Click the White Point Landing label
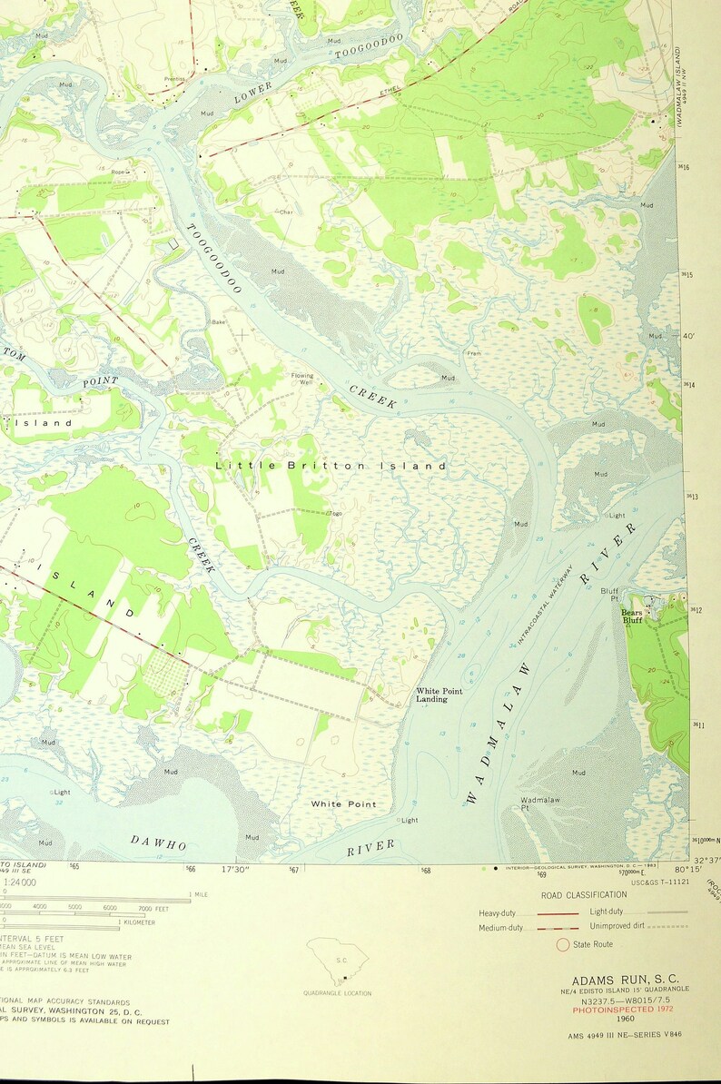pos(440,695)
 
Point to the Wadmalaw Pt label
pos(538,803)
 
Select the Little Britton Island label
pos(331,466)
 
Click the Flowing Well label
pos(302,379)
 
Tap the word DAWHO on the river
pos(158,843)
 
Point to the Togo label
pos(335,514)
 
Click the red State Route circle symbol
pos(563,944)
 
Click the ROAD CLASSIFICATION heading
pos(583,894)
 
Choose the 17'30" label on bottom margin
pos(235,870)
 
